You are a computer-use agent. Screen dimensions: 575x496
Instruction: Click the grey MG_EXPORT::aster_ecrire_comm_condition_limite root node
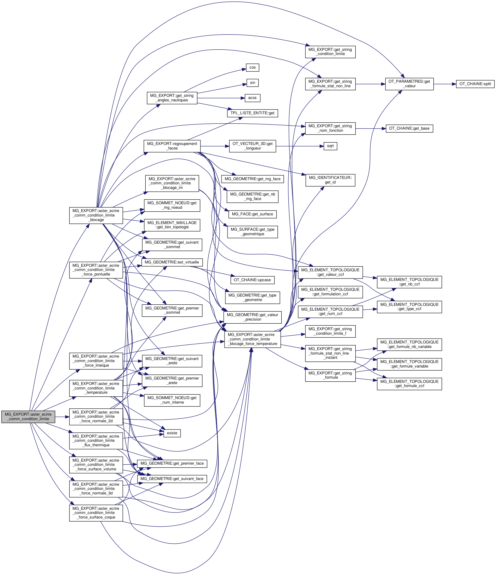pos(28,417)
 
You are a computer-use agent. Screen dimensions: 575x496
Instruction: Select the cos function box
pos(252,67)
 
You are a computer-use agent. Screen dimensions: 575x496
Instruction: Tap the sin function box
pos(252,83)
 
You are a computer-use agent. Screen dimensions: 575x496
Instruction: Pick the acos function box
pos(252,98)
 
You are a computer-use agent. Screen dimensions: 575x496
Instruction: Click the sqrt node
pos(330,146)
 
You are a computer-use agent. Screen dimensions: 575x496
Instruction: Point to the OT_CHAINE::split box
pos(475,84)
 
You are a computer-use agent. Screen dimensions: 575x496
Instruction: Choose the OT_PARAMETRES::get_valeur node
pos(409,84)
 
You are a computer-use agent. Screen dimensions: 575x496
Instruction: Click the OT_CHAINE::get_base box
pos(409,128)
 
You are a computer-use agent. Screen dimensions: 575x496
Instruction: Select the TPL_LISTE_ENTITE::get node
pos(252,113)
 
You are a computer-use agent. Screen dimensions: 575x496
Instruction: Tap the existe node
pos(172,433)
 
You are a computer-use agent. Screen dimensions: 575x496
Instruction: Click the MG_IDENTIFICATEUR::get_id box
pos(330,180)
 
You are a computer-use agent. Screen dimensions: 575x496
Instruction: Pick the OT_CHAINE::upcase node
pos(252,280)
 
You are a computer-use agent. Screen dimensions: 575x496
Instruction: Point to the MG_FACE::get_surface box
pos(252,214)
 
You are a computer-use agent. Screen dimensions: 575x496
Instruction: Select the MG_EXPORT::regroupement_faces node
pos(172,146)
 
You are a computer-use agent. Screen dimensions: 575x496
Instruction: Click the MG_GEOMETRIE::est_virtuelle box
pos(172,262)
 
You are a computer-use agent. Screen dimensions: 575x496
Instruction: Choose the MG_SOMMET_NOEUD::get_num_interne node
pos(172,400)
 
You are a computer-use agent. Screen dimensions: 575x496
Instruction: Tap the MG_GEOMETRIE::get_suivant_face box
pos(172,479)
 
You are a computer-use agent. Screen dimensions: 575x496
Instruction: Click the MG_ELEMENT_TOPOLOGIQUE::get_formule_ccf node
pos(409,384)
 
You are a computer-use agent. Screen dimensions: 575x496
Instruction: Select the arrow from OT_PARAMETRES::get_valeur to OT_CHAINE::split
pos(445,84)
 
